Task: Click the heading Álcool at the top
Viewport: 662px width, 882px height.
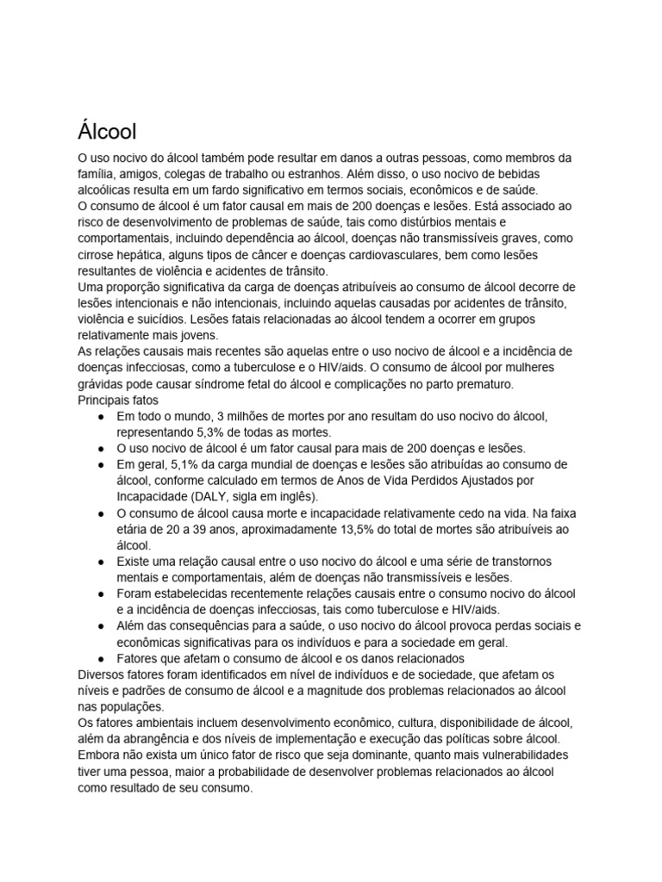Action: pyautogui.click(x=107, y=133)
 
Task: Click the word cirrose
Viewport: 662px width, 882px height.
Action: pyautogui.click(x=99, y=254)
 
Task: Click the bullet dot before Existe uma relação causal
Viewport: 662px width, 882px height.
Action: pyautogui.click(x=102, y=562)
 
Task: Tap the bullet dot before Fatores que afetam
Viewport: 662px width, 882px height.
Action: pyautogui.click(x=102, y=658)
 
